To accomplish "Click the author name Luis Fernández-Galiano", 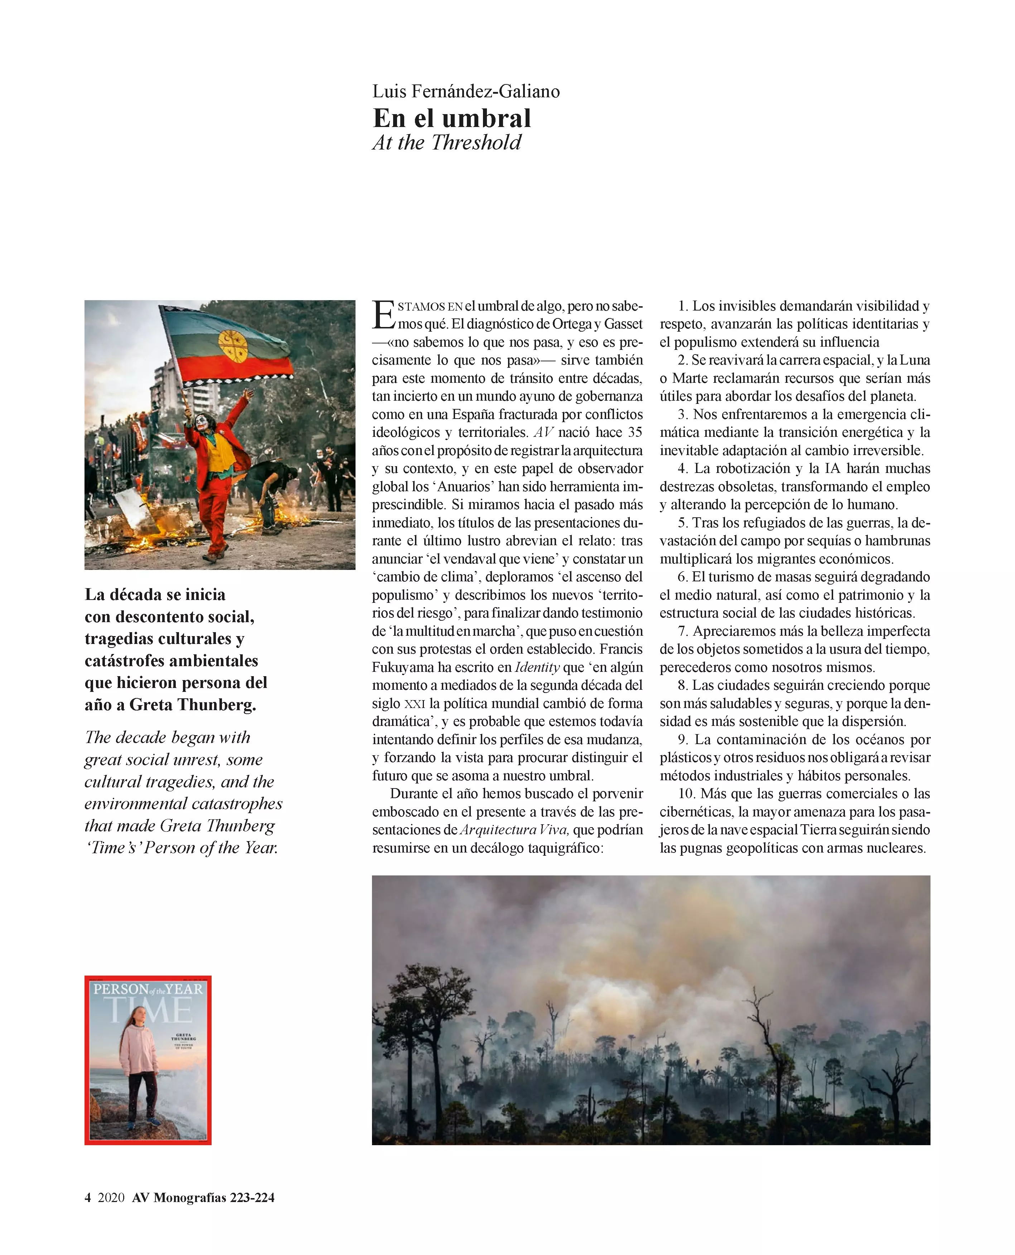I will click(x=466, y=91).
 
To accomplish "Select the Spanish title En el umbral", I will click(x=452, y=119).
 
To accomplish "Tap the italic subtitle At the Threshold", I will click(x=447, y=142).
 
